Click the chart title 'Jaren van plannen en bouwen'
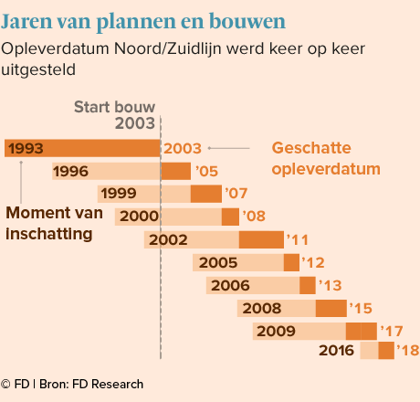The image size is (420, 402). point(143,22)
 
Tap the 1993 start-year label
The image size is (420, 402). point(26,149)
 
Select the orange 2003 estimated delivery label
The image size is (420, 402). point(183,149)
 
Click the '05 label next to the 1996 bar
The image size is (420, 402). point(206,171)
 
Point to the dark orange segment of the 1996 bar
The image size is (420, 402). point(176,171)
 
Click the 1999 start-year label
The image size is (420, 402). point(119,194)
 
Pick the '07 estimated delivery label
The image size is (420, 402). point(236,194)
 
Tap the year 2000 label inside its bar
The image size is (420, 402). point(139,217)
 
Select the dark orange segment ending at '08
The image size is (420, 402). point(230,217)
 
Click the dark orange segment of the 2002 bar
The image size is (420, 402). point(261,239)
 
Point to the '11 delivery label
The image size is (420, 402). point(298,240)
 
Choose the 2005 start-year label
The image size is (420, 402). point(218,262)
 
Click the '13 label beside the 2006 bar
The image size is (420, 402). point(331,285)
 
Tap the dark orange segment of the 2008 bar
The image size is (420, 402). point(331,308)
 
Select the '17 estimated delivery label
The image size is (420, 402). point(392,331)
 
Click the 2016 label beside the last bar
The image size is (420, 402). point(336,351)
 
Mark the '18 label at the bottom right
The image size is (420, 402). point(408,351)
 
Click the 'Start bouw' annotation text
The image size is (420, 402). point(115,107)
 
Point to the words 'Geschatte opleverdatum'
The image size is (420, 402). point(326,158)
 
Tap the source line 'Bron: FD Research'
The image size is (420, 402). point(91,385)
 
